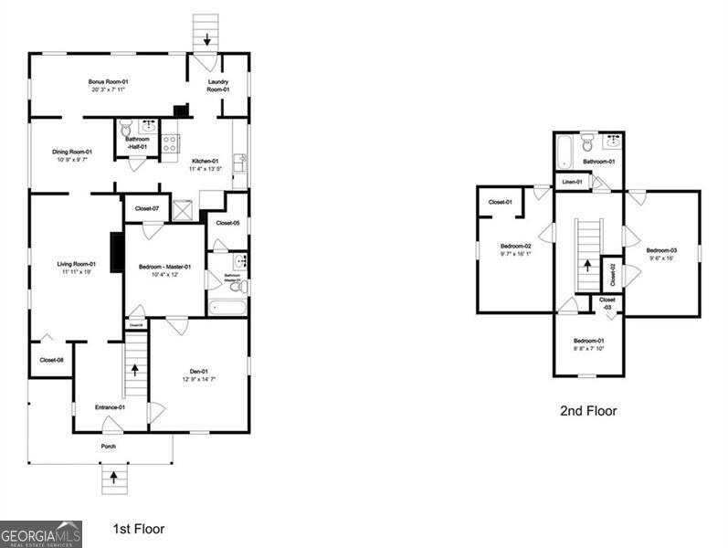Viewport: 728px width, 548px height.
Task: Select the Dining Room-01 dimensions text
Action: tap(71, 160)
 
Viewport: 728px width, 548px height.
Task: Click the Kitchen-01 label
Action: tap(205, 161)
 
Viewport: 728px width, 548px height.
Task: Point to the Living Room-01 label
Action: tap(78, 264)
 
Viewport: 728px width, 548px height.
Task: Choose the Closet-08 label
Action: tap(51, 360)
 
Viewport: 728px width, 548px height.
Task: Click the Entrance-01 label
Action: tap(110, 407)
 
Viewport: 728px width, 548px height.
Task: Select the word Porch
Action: tap(109, 447)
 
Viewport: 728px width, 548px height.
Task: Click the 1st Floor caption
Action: tap(138, 528)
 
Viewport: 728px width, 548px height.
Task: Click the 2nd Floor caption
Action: tap(588, 411)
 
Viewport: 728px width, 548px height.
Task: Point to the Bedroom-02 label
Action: tap(515, 246)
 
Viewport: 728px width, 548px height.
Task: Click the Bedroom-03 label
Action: tap(661, 250)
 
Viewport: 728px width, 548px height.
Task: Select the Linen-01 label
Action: tap(572, 182)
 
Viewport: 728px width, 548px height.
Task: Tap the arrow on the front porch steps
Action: tap(114, 476)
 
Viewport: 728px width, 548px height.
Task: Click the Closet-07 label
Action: tap(147, 209)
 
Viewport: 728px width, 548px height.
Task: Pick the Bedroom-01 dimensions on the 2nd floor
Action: tap(588, 347)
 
